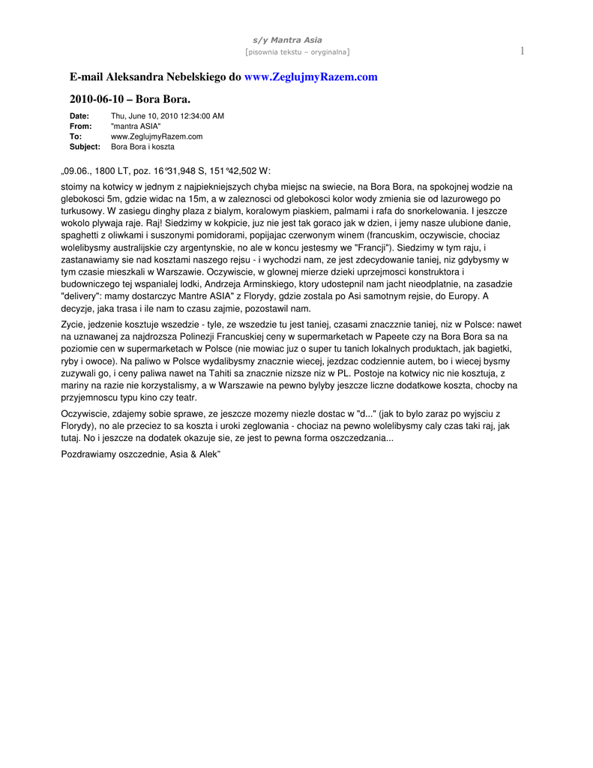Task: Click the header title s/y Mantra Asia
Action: (x=296, y=40)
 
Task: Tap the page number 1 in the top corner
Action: (x=521, y=50)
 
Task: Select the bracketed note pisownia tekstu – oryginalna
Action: (x=297, y=52)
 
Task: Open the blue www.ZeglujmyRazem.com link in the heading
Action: (x=311, y=77)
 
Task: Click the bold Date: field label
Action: (x=79, y=116)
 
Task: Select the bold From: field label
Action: (x=80, y=127)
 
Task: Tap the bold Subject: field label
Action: (x=85, y=147)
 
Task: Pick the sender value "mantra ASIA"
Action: (x=136, y=127)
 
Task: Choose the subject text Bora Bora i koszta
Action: (x=142, y=147)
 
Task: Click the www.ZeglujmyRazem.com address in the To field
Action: (x=157, y=136)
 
